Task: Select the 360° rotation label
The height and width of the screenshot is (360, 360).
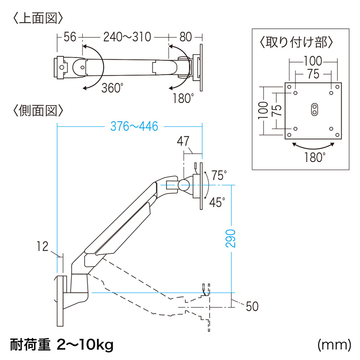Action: (x=112, y=88)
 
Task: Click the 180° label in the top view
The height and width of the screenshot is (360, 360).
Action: (x=183, y=98)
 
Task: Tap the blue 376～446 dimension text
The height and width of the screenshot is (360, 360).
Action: (x=135, y=127)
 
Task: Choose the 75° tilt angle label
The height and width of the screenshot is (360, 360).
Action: (x=219, y=175)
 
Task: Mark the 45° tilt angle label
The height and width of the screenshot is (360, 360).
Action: (x=217, y=202)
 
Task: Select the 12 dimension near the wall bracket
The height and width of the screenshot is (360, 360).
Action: (x=43, y=246)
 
